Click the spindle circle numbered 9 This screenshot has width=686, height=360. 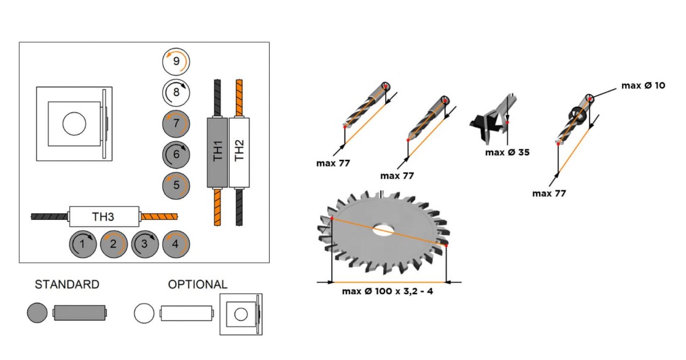pyautogui.click(x=176, y=61)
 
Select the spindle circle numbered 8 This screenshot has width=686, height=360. pyautogui.click(x=176, y=92)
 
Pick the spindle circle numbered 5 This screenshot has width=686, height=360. pyautogui.click(x=176, y=185)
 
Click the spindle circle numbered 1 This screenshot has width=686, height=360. pyautogui.click(x=83, y=245)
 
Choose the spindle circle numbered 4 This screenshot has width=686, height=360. pyautogui.click(x=176, y=245)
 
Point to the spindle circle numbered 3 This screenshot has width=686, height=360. pyautogui.click(x=145, y=245)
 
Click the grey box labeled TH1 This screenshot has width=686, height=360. pyautogui.click(x=218, y=152)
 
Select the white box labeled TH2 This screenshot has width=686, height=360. pyautogui.click(x=240, y=152)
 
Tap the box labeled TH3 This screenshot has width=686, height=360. pyautogui.click(x=104, y=216)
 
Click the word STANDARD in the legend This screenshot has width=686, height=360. pyautogui.click(x=67, y=284)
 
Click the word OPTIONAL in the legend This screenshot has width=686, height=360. pyautogui.click(x=198, y=284)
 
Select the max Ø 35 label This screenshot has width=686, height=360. pyautogui.click(x=507, y=152)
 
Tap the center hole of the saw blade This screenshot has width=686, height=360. pyautogui.click(x=386, y=231)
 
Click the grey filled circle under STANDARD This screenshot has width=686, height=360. pyautogui.click(x=37, y=313)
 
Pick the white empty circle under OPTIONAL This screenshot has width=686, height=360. pyautogui.click(x=144, y=313)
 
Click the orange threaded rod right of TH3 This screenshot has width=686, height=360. pyautogui.click(x=159, y=216)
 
